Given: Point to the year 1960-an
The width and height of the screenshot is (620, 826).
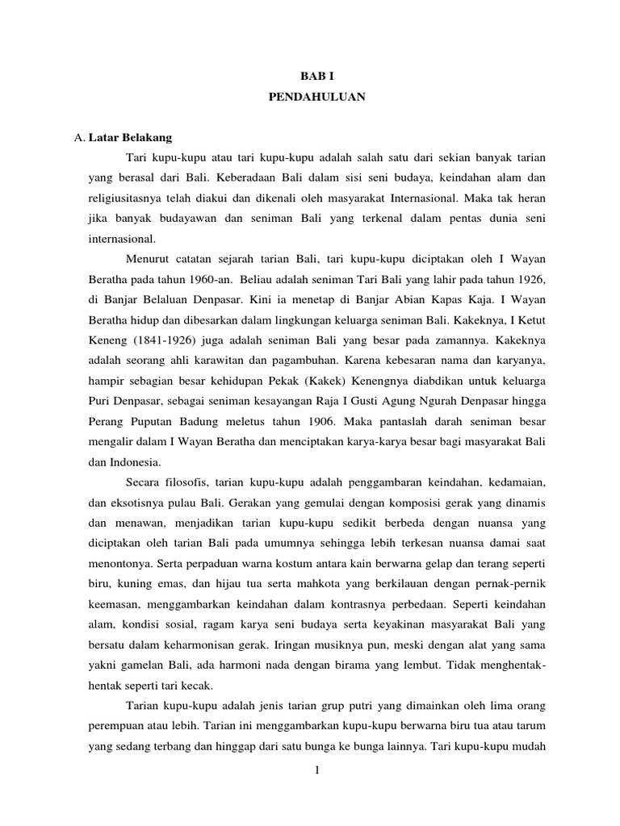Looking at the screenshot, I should [x=207, y=279].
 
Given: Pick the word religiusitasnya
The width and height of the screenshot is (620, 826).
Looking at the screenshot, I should [x=128, y=195].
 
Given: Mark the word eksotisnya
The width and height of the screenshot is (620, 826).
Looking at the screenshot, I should [x=133, y=503].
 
